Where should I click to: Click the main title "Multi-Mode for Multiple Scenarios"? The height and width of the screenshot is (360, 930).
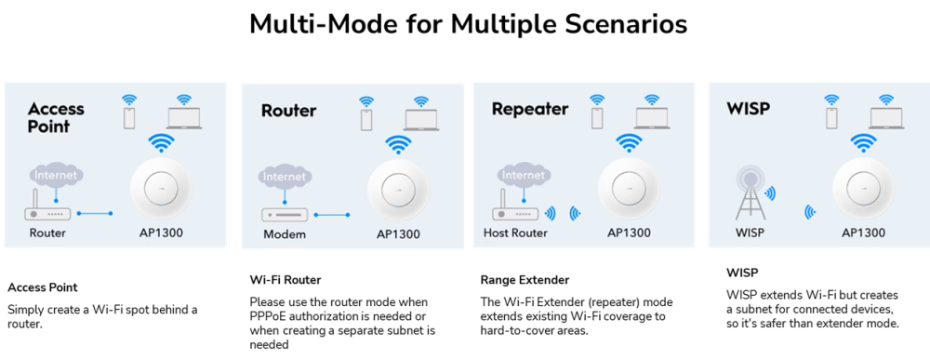468,24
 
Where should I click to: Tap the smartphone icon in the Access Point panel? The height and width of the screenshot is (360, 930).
128,118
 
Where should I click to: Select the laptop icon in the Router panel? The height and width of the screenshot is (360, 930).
421,119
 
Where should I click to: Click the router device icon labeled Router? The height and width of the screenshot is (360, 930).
47,208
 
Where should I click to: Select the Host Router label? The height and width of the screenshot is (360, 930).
515,233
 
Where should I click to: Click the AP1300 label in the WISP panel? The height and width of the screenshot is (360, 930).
863,233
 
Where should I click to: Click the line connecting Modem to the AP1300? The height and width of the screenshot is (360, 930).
332,215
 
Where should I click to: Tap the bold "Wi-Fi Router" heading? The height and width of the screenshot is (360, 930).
286,279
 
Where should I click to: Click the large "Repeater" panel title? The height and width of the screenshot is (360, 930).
530,109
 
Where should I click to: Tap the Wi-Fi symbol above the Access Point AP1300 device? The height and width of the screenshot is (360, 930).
161,143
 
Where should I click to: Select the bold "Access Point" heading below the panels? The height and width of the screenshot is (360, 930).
42,287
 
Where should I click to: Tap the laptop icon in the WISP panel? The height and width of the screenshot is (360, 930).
886,119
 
